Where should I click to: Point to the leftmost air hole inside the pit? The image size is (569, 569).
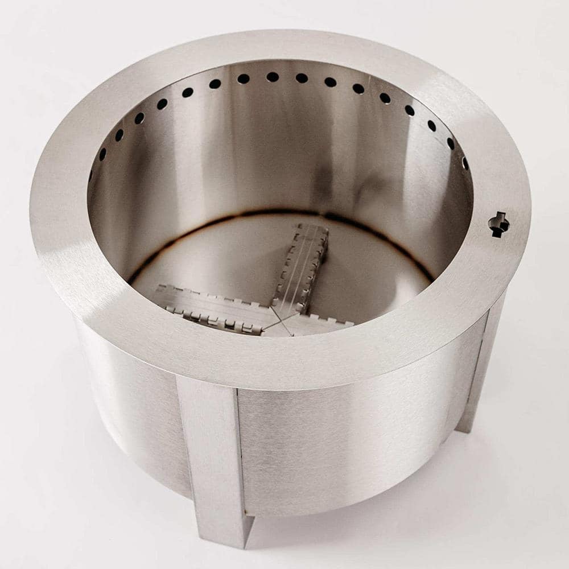[90, 175]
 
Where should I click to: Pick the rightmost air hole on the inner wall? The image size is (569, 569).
[465, 163]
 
